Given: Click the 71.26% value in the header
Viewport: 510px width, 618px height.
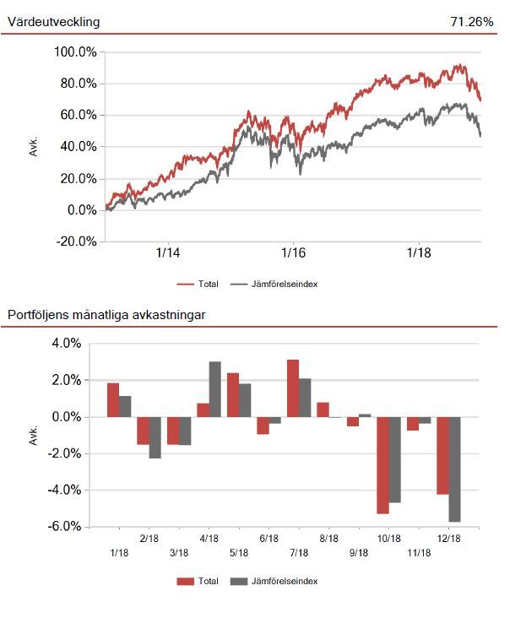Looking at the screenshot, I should [472, 21].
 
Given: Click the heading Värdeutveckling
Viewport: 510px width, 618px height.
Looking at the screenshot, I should [53, 21].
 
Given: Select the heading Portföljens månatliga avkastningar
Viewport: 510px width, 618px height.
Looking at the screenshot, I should [106, 315].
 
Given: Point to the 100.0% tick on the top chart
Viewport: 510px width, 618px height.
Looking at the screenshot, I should [75, 51].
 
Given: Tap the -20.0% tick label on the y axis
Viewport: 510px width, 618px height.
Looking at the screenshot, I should [75, 241].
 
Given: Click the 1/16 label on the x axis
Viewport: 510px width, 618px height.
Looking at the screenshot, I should [293, 252].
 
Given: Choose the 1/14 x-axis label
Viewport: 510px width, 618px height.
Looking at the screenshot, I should [168, 252].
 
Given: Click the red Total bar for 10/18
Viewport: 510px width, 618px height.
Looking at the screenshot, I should [382, 465].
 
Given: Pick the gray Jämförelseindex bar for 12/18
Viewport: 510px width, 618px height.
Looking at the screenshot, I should [454, 469].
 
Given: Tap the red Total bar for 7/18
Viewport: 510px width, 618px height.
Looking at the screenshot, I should [293, 388].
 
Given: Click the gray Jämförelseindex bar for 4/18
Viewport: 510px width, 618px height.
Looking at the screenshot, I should [215, 389].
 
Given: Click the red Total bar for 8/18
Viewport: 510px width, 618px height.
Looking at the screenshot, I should [323, 409].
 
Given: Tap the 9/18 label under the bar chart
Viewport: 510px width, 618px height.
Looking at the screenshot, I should [359, 553].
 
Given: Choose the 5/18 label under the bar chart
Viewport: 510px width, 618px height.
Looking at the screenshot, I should [239, 553].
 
